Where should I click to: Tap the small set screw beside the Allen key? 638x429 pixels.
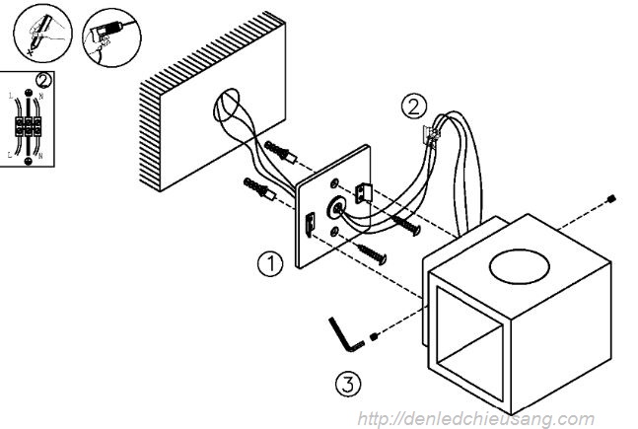pyautogui.click(x=376, y=340)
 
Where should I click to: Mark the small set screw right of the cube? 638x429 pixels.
pyautogui.click(x=613, y=200)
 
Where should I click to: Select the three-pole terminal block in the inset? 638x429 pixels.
pyautogui.click(x=29, y=127)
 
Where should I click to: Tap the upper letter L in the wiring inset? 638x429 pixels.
pyautogui.click(x=11, y=96)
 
